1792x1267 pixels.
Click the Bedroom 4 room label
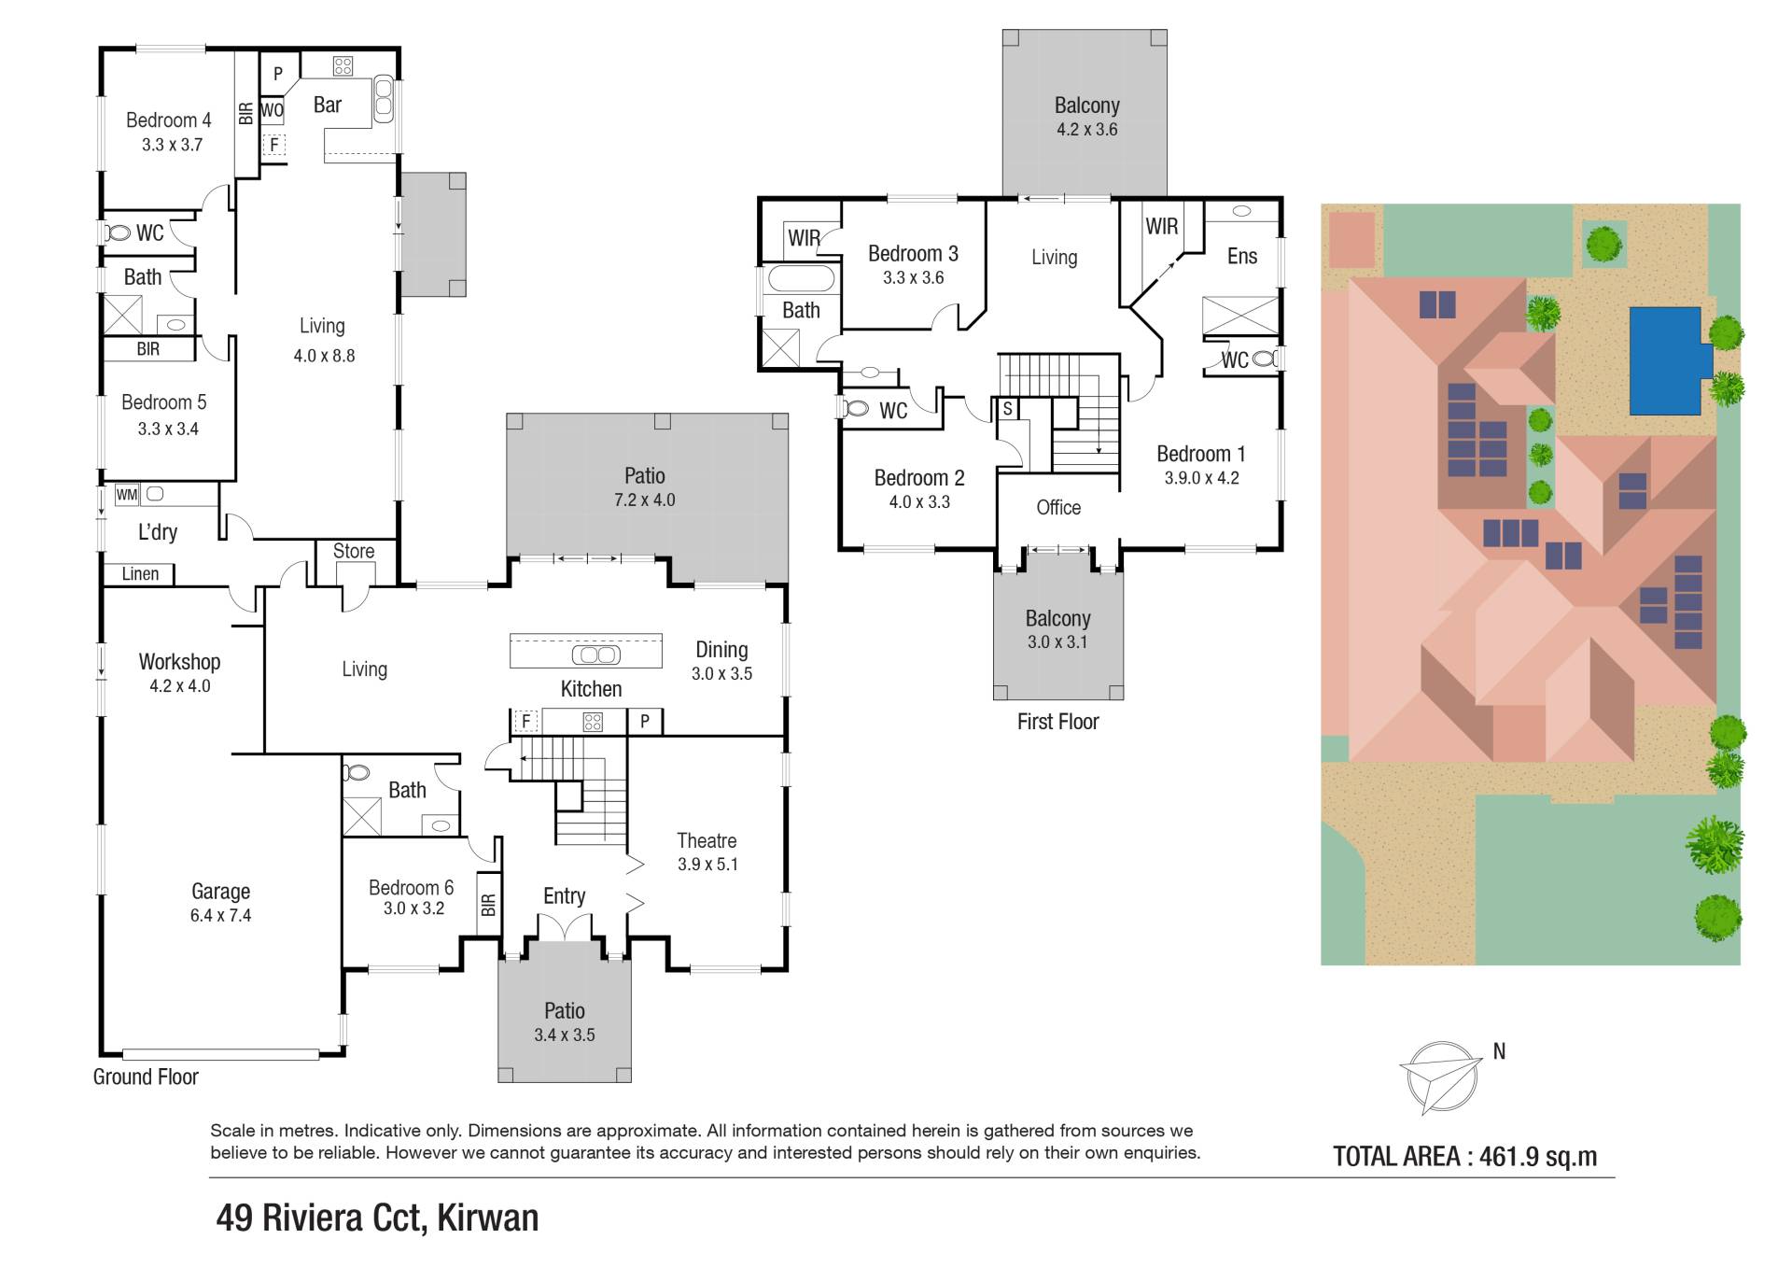coord(168,120)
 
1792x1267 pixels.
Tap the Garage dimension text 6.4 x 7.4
coord(220,916)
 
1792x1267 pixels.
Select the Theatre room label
coord(707,841)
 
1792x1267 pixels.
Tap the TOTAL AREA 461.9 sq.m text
coord(1464,1157)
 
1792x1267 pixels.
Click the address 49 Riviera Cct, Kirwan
coord(377,1218)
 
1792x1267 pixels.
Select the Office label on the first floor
coord(1058,507)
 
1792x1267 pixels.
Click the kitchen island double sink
coord(595,655)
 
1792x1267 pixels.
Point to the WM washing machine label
coord(127,495)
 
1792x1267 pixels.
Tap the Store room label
coord(354,551)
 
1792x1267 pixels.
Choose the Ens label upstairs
coord(1242,256)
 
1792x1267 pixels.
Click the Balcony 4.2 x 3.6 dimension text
coord(1086,130)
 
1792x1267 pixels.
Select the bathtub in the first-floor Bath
coord(800,278)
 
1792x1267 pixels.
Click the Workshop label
coord(179,662)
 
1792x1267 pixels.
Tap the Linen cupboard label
coord(140,574)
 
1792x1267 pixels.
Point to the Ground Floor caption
coord(146,1077)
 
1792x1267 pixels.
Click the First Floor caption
coord(1057,722)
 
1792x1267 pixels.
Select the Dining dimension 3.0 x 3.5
coord(721,674)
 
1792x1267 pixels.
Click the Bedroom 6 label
coord(411,888)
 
